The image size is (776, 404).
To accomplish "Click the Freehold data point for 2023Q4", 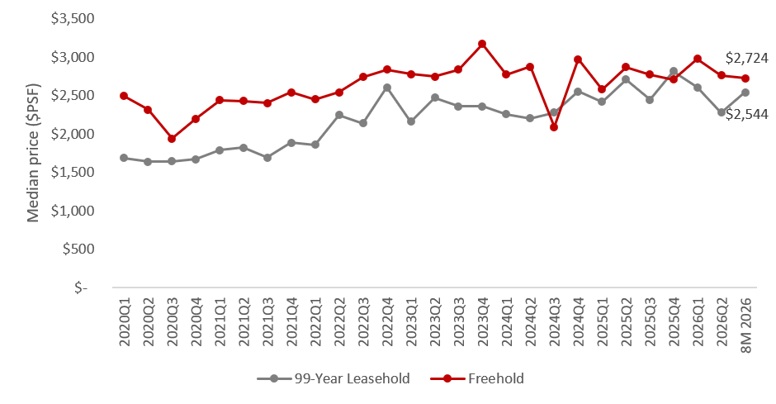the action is (482, 44).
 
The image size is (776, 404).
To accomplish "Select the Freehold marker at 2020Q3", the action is (171, 139).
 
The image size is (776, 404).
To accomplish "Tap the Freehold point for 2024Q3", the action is (554, 127).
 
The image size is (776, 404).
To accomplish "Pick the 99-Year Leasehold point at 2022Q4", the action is (387, 88).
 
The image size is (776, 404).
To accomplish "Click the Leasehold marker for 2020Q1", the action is (124, 158).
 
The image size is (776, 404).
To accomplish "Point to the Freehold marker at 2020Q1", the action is (124, 96).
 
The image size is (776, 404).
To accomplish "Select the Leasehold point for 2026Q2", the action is (722, 112).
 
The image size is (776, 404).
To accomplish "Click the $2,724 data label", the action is (747, 59).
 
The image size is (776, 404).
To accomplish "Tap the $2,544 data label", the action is (747, 114).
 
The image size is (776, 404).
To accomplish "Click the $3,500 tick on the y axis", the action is (73, 19).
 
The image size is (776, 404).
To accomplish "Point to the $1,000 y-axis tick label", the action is (73, 211).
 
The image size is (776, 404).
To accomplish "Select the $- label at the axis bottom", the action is (81, 288).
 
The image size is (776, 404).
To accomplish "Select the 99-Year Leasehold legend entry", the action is (334, 378).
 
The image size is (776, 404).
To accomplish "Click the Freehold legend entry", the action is (477, 378).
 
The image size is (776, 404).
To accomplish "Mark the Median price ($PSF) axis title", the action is (33, 153).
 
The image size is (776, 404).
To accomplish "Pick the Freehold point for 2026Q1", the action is (698, 59).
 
